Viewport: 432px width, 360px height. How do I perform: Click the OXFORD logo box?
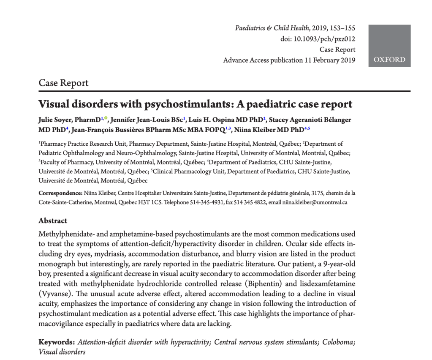click(389, 45)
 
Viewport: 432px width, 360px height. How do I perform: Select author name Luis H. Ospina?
click(213, 120)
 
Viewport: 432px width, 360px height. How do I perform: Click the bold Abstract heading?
click(53, 221)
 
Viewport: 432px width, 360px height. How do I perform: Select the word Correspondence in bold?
click(59, 193)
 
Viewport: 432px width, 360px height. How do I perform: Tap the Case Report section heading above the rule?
click(63, 83)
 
